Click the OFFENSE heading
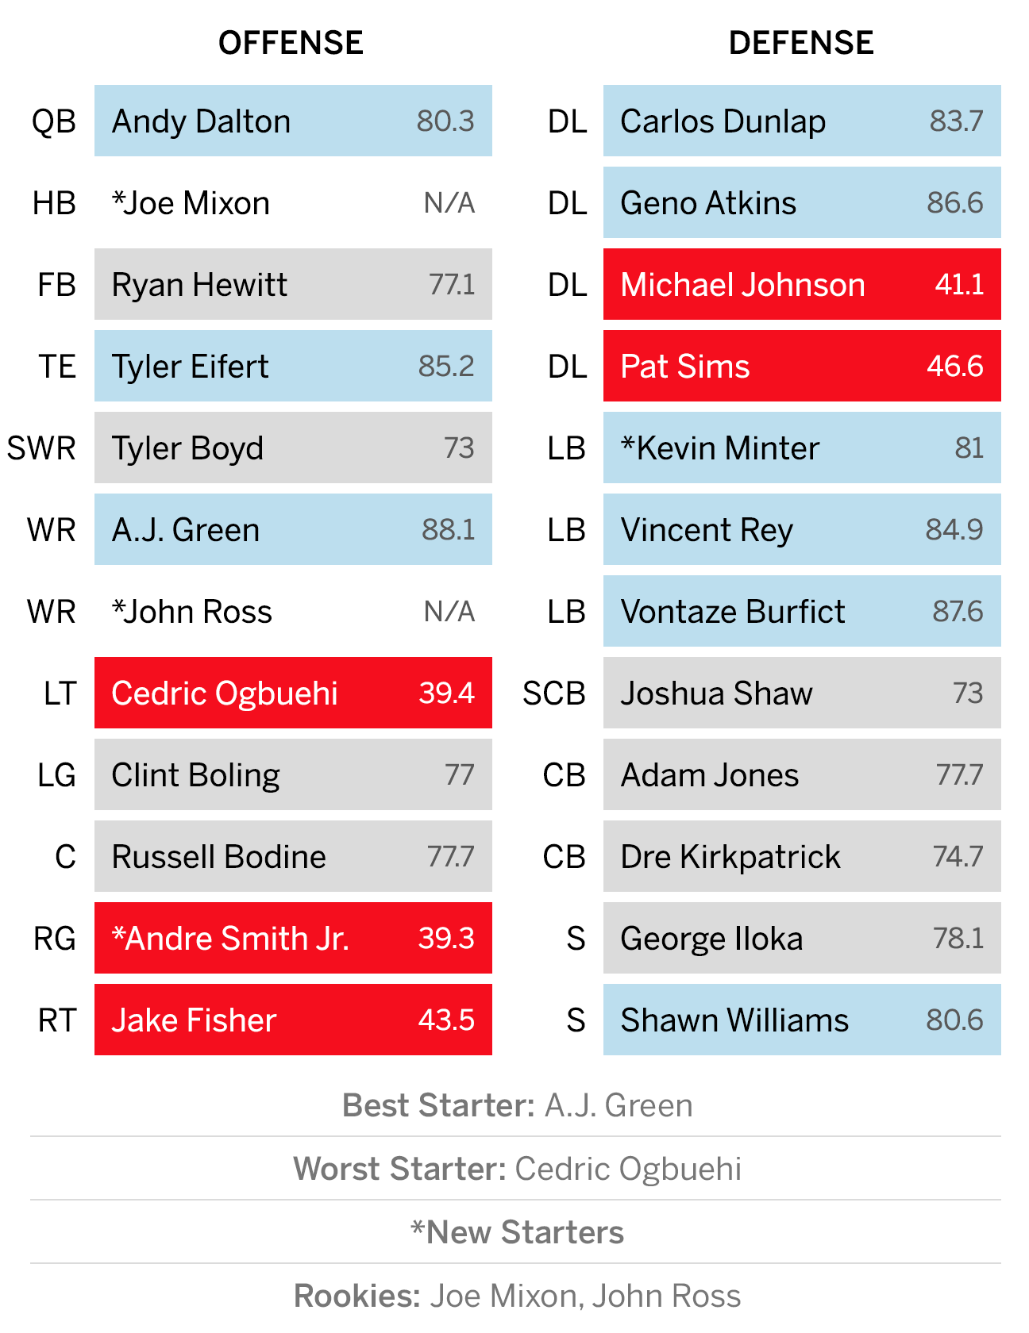pos(291,43)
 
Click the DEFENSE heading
pos(801,43)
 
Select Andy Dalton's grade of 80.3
pos(445,121)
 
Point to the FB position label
pos(56,285)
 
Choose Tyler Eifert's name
pos(190,367)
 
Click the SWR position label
pos(41,448)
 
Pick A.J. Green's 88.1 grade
pos(449,530)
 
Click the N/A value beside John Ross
pos(449,612)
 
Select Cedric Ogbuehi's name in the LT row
pos(225,693)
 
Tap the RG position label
pos(55,939)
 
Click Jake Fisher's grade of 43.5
pos(446,1020)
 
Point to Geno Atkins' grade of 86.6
pos(955,203)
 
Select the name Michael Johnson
pos(742,285)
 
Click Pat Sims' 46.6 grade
pos(955,367)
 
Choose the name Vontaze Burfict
pos(733,612)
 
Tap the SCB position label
pos(554,693)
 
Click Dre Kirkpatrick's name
pos(730,857)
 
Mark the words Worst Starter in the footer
pos(400,1169)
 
